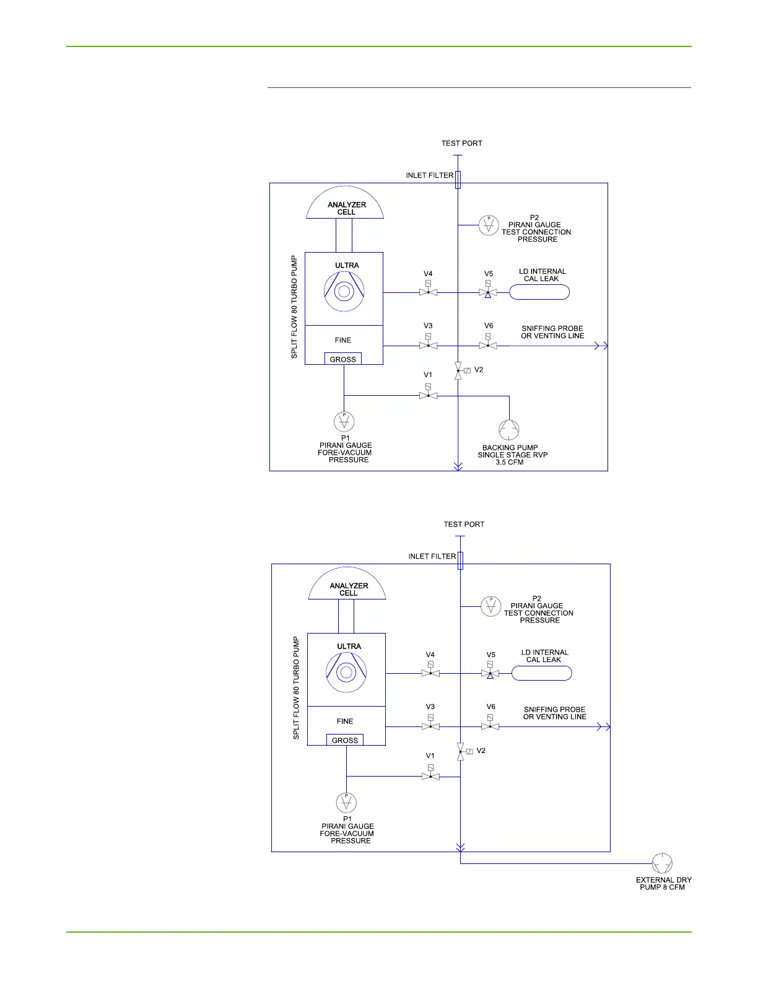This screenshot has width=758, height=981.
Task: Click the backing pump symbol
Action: tap(509, 429)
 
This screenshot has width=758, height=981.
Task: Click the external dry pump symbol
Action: tap(662, 863)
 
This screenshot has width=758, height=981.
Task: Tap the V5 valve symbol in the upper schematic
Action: tap(488, 292)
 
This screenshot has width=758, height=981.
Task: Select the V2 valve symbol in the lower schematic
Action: tap(460, 751)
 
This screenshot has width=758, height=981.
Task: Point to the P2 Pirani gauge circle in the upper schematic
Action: tap(489, 225)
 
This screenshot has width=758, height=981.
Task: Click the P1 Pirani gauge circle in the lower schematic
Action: tap(346, 803)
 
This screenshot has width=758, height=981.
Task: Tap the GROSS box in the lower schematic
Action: tap(345, 740)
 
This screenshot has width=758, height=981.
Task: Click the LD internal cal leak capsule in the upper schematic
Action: tap(539, 292)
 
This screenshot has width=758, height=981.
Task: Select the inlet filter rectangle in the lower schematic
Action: tap(460, 560)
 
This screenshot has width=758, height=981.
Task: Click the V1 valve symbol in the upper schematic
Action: tap(428, 396)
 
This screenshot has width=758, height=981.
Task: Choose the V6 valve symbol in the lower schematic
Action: tap(490, 726)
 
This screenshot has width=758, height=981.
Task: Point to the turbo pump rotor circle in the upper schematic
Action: tap(344, 291)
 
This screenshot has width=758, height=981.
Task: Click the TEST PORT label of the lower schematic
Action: tap(464, 524)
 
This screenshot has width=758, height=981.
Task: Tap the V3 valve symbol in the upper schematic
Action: tap(428, 346)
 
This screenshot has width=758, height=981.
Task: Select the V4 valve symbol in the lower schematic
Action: tap(430, 673)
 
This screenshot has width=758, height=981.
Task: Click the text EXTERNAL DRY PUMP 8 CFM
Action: tap(663, 883)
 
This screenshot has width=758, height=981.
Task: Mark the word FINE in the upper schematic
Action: tap(343, 340)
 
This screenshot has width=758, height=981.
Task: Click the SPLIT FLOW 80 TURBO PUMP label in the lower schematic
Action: tap(296, 687)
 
